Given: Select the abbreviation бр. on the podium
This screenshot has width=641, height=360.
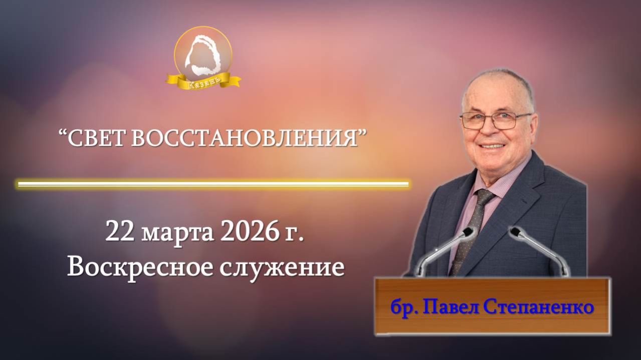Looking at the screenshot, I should (x=403, y=307).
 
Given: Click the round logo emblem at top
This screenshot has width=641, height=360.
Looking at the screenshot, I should (x=203, y=52).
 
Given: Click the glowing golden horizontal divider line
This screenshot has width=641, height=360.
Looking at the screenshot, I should (x=213, y=184).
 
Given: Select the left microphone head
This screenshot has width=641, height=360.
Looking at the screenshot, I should (x=468, y=232).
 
